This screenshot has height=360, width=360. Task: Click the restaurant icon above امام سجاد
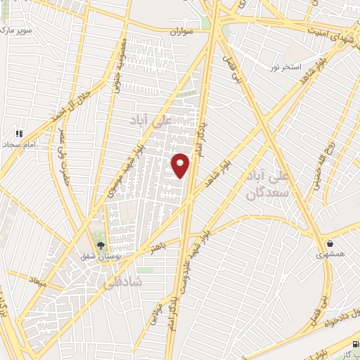click(x=20, y=131)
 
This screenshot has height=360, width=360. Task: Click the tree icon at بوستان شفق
click(x=101, y=245)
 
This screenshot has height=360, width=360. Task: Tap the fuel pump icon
click(x=354, y=345)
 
